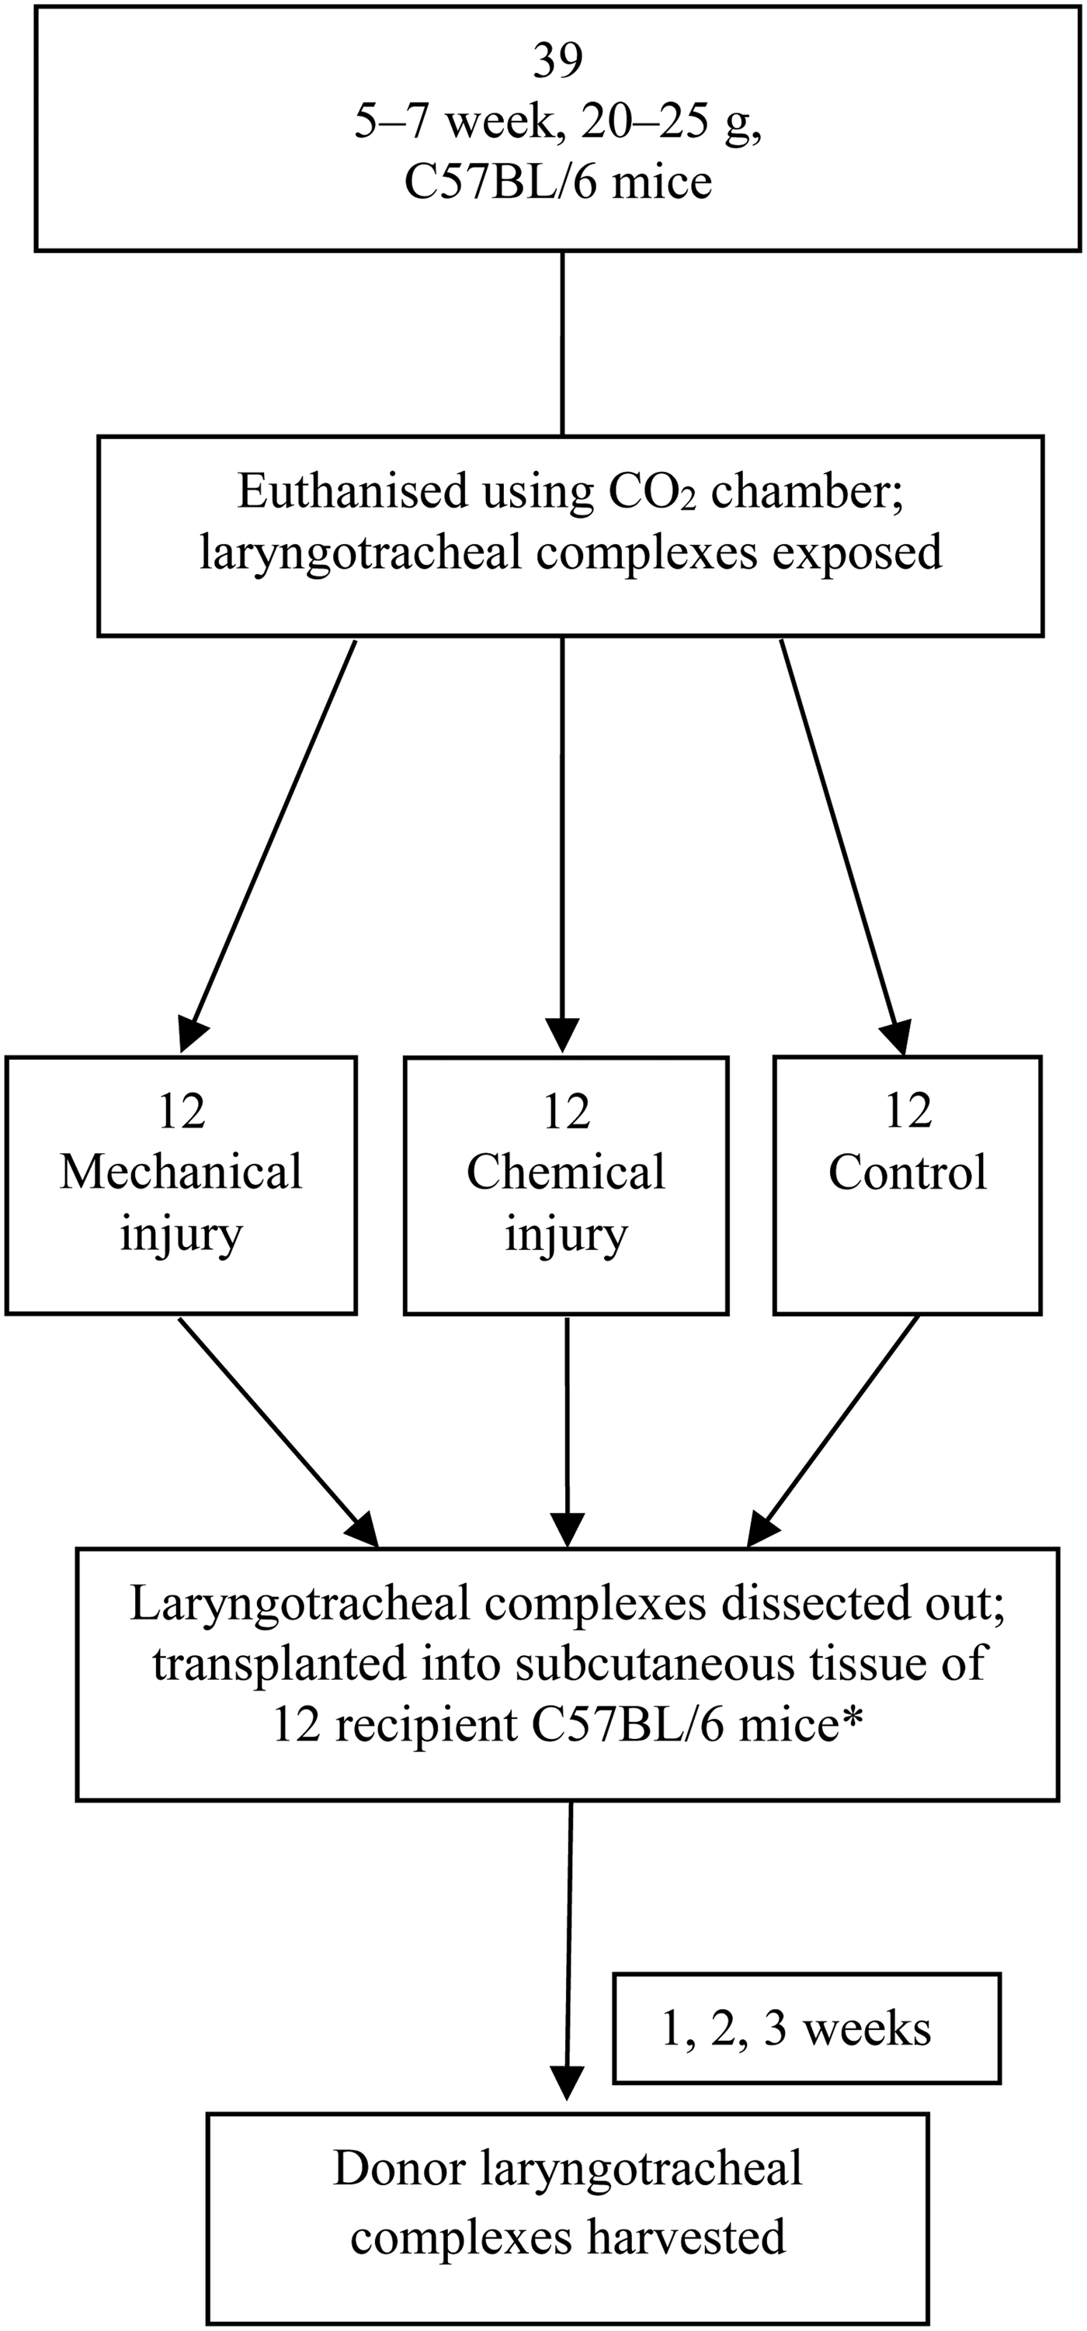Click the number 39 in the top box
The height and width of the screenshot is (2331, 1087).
557,61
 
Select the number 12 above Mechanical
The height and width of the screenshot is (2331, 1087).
181,1111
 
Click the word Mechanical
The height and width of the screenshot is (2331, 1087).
181,1172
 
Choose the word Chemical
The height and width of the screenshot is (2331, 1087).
566,1172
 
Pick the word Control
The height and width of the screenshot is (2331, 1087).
907,1172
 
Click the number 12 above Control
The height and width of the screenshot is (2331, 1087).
907,1111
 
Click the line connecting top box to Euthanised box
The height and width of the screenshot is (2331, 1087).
563,344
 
